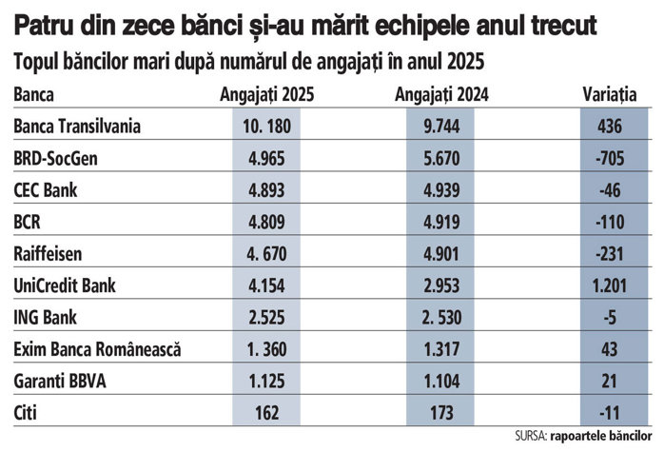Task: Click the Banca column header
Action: click(34, 94)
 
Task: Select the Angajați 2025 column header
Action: click(266, 95)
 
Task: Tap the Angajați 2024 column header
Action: click(441, 95)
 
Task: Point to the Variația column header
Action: click(610, 95)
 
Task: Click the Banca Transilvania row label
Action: click(77, 127)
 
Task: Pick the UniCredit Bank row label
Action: click(65, 285)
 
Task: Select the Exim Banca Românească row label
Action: click(97, 349)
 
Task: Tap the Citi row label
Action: click(25, 413)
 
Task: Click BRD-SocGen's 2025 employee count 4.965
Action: click(266, 158)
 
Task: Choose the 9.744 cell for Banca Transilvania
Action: click(441, 127)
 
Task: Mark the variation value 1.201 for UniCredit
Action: click(610, 285)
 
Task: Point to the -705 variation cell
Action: click(610, 158)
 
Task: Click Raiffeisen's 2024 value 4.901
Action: click(441, 254)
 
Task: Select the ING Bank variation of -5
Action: click(610, 318)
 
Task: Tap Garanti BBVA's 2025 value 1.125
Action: click(266, 382)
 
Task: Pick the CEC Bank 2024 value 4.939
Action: click(441, 190)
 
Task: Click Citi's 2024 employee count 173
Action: click(441, 413)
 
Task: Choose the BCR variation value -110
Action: click(610, 222)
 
